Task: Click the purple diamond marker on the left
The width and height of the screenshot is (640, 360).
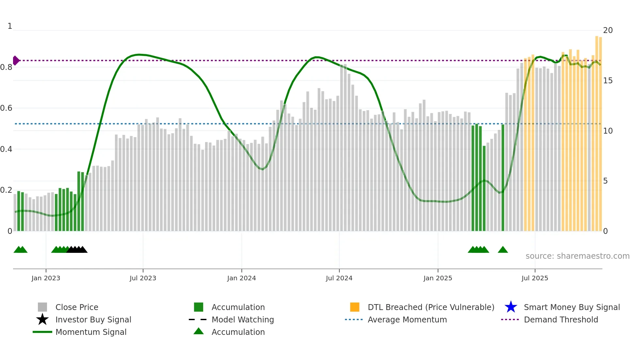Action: coord(16,60)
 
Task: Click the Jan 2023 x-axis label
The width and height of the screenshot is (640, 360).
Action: coord(46,278)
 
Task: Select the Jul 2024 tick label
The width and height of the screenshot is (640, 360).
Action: coord(339,278)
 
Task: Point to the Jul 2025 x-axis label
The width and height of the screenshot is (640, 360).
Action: coord(535,278)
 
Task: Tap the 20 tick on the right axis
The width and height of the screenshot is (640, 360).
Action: coord(608,30)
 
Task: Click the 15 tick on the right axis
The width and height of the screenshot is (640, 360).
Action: coord(608,81)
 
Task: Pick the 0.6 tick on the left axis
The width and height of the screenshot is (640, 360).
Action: coord(6,108)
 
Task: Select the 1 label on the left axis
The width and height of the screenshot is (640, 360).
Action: coord(10,26)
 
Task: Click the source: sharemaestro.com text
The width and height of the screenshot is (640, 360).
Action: coord(577,256)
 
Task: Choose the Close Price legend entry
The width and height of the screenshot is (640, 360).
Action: coord(77,307)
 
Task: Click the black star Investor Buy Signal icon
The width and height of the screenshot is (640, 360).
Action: coord(42,319)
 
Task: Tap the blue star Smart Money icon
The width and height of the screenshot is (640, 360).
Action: coord(511,307)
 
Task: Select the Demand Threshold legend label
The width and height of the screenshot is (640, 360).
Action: coord(561,319)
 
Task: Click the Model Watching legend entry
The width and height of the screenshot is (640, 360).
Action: coord(243,319)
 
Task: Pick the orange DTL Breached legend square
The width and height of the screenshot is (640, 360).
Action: coord(355,307)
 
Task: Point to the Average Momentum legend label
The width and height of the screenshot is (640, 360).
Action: coord(407,319)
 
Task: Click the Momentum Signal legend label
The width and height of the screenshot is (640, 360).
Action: coord(91,332)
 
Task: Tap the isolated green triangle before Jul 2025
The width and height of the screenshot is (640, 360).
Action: coord(503,250)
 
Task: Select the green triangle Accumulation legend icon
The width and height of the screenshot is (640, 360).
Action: coord(199,332)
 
